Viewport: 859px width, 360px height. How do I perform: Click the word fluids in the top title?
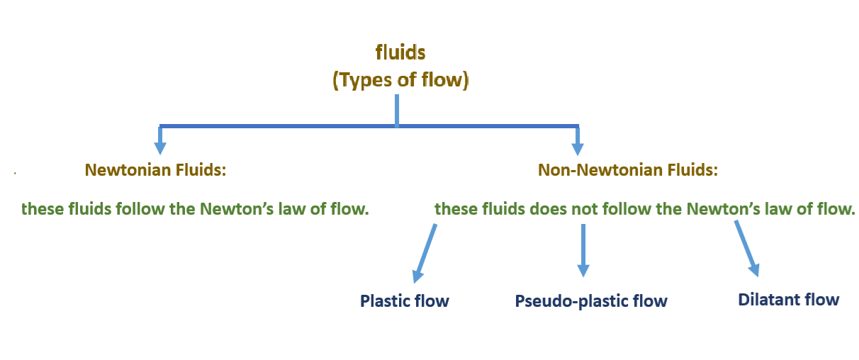pyautogui.click(x=400, y=52)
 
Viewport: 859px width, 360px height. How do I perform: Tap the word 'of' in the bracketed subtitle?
pyautogui.click(x=408, y=79)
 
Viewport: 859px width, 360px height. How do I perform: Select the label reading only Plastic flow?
pyautogui.click(x=405, y=300)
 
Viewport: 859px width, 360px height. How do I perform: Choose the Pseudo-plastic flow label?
pyautogui.click(x=591, y=300)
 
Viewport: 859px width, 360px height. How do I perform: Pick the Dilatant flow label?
pyautogui.click(x=788, y=299)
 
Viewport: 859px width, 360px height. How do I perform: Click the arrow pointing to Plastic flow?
pyautogui.click(x=425, y=252)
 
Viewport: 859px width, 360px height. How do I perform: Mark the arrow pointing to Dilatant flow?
pyautogui.click(x=746, y=248)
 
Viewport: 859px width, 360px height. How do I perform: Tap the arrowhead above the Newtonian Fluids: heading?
pyautogui.click(x=161, y=147)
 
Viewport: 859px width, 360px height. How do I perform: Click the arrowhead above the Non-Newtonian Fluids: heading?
pyautogui.click(x=578, y=147)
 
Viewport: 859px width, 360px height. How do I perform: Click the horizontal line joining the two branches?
pyautogui.click(x=283, y=127)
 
